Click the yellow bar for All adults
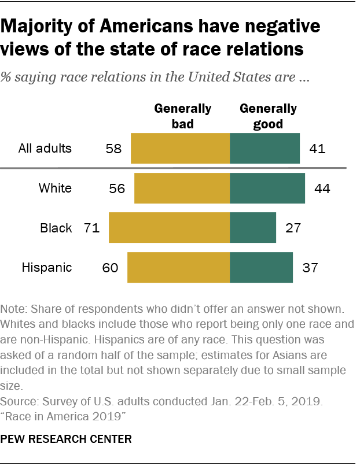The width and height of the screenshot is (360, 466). [x=181, y=149]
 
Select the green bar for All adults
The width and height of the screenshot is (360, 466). [x=265, y=149]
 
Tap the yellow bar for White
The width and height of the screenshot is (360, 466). [x=182, y=188]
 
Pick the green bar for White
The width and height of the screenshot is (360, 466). [x=267, y=188]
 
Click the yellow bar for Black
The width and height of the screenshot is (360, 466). [x=170, y=228]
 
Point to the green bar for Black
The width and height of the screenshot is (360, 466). [x=253, y=228]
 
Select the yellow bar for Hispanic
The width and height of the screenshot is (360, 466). [x=179, y=267]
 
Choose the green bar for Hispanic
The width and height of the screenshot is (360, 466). [x=261, y=267]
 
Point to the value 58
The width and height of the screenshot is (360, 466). [x=114, y=149]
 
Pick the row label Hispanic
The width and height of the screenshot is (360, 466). [x=47, y=267]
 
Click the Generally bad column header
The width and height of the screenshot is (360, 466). [x=182, y=116]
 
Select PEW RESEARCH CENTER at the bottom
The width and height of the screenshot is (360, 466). [x=67, y=439]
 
